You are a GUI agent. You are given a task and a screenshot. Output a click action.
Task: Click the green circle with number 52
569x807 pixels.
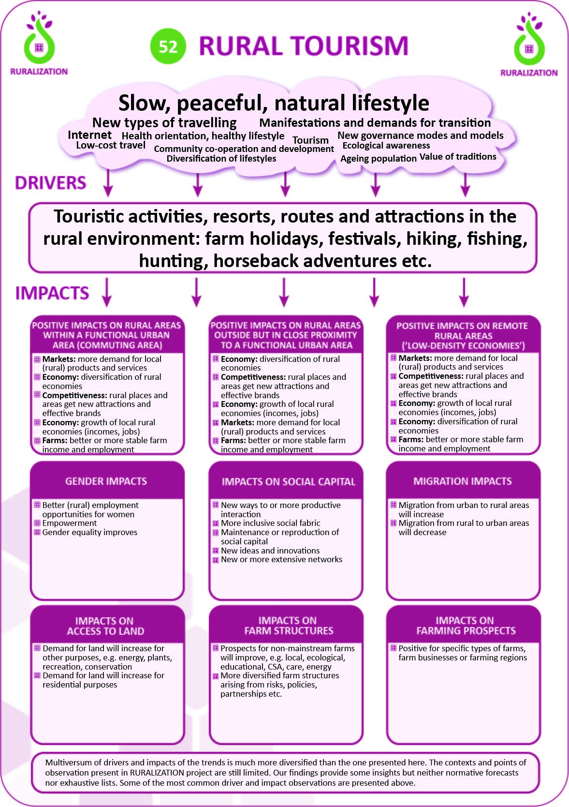tap(168, 46)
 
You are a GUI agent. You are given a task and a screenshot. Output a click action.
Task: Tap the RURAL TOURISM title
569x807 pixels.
tap(304, 46)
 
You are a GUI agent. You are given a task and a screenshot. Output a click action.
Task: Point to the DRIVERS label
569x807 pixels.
tap(50, 183)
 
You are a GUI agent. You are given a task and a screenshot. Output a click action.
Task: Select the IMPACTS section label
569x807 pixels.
tap(52, 293)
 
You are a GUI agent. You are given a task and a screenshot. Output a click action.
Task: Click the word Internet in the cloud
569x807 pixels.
tap(89, 135)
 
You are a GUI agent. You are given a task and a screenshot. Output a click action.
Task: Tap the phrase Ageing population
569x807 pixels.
tap(378, 158)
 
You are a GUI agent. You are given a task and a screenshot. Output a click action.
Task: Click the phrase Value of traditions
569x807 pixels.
tap(458, 156)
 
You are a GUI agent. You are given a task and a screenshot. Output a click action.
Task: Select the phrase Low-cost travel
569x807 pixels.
tap(111, 145)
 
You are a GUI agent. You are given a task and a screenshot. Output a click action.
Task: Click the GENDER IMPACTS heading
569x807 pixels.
tap(106, 481)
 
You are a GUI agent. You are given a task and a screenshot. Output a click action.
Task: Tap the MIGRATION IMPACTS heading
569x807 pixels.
tap(462, 481)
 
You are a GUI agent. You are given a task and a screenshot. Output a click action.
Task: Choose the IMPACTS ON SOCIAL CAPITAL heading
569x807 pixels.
tap(288, 481)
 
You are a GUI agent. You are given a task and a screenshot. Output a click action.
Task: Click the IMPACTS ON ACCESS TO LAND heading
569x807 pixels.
tap(105, 626)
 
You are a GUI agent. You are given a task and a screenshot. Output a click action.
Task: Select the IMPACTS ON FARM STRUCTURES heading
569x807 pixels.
tap(289, 625)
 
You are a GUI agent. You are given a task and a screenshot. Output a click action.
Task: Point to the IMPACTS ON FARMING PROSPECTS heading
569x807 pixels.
tap(466, 625)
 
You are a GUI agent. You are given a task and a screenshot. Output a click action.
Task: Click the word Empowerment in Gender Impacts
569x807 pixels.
tap(70, 523)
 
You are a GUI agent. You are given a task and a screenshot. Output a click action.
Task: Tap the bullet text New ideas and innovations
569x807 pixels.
tap(270, 551)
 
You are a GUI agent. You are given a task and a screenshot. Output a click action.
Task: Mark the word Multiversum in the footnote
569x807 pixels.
tap(69, 762)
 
